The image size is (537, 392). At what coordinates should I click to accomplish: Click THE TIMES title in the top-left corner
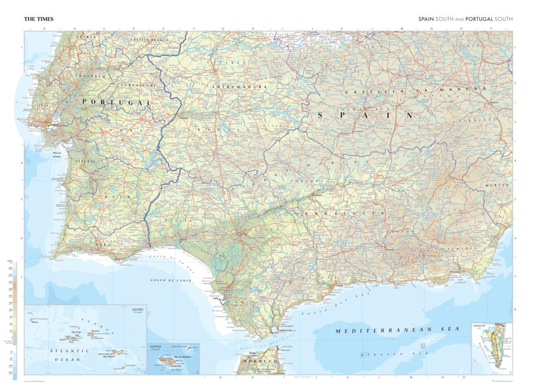[38, 19]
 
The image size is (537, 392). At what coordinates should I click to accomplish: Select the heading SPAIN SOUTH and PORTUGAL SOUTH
[465, 19]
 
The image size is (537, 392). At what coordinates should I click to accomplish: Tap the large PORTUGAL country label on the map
[116, 102]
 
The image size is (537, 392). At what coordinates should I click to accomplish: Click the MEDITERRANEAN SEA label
[397, 330]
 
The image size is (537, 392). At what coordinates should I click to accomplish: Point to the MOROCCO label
[260, 361]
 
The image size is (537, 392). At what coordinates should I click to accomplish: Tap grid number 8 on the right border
[516, 309]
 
